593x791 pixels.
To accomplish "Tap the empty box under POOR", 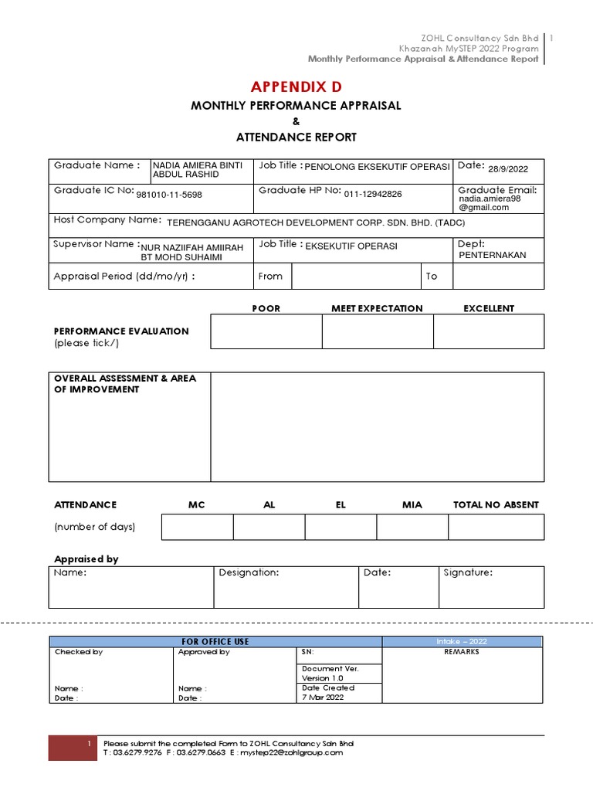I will (266, 331).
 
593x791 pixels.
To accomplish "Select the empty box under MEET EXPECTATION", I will (378, 331).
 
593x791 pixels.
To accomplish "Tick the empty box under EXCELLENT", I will (488, 331).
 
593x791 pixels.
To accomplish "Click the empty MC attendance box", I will (197, 527).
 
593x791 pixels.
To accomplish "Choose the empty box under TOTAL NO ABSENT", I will (496, 527).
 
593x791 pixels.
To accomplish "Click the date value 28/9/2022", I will (508, 168).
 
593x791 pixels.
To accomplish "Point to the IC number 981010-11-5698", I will (169, 195).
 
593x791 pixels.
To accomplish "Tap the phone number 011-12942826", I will (373, 195).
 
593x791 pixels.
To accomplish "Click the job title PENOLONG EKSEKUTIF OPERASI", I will (378, 167).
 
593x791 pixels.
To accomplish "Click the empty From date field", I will (356, 277).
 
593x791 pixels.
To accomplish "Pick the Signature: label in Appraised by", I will (468, 573).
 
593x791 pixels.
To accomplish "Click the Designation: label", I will (249, 573).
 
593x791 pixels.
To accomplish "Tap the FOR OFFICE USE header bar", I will (215, 641).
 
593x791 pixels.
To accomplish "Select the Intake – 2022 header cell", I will (463, 641).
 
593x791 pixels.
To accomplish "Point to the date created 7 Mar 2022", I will (324, 697).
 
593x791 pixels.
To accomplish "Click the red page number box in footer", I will (72, 748).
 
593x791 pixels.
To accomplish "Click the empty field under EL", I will (341, 527).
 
